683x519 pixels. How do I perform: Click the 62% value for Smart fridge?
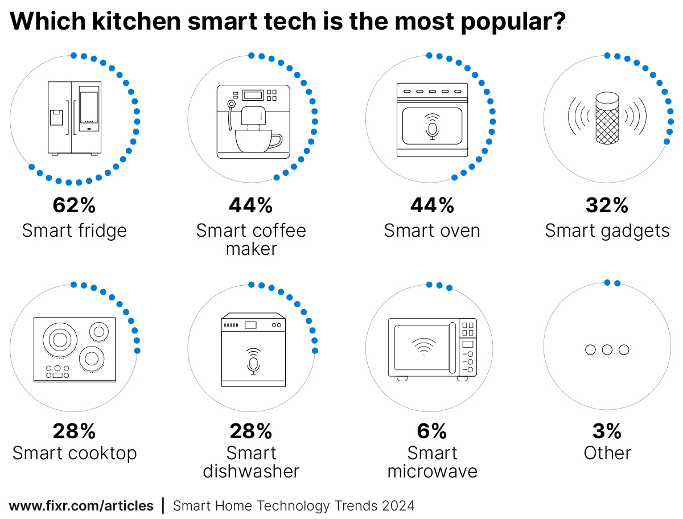pyautogui.click(x=74, y=205)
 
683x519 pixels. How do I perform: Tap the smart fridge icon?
pyautogui.click(x=74, y=118)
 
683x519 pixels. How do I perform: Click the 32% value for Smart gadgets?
pyautogui.click(x=607, y=205)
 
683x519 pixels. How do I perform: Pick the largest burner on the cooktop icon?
pyautogui.click(x=59, y=340)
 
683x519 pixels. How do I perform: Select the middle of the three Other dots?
pyautogui.click(x=607, y=349)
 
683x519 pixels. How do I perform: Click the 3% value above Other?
pyautogui.click(x=607, y=432)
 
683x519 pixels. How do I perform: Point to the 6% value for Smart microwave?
pyautogui.click(x=432, y=432)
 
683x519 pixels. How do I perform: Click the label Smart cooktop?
pyautogui.click(x=75, y=454)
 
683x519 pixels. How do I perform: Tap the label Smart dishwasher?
pyautogui.click(x=251, y=463)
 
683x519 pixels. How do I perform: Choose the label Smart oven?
pyautogui.click(x=432, y=230)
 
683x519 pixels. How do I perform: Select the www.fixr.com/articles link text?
pyautogui.click(x=81, y=505)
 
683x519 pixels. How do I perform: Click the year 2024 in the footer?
pyautogui.click(x=398, y=505)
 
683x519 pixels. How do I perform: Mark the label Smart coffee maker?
pyautogui.click(x=251, y=240)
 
